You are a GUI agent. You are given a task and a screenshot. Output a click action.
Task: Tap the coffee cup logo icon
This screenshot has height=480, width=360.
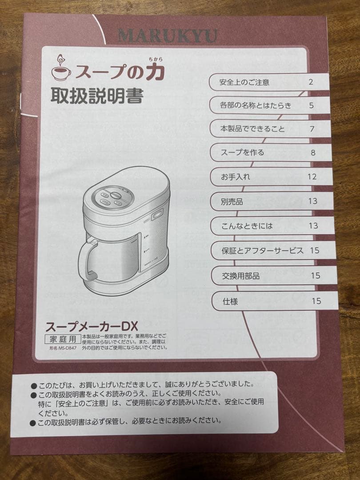(x=61, y=68)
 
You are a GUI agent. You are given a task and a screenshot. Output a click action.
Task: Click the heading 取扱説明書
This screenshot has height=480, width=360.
(x=96, y=96)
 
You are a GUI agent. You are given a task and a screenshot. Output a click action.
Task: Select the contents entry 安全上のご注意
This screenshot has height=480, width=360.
(x=244, y=82)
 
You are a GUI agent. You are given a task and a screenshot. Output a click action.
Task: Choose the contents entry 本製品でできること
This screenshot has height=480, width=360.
(x=252, y=129)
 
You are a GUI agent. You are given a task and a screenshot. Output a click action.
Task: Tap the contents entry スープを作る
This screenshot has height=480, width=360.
(x=243, y=152)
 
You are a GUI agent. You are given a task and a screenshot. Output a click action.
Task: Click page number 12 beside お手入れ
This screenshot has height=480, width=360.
(x=312, y=176)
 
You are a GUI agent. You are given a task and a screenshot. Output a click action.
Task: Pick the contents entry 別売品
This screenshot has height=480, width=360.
(x=232, y=201)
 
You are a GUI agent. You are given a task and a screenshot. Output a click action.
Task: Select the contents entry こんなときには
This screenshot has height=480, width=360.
(x=247, y=226)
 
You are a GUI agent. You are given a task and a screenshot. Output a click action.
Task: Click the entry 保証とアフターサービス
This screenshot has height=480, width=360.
(x=263, y=251)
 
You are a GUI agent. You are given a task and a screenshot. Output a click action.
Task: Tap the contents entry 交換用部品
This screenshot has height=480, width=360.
(x=240, y=276)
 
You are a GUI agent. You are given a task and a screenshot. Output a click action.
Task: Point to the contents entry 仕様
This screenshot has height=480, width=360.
(x=230, y=301)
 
